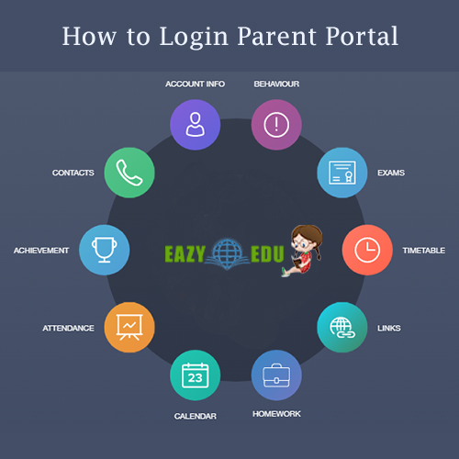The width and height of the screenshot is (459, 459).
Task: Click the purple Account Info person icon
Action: click(x=196, y=125)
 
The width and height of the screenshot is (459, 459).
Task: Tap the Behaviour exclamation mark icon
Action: click(x=276, y=125)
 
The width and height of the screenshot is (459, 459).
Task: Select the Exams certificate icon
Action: click(x=342, y=173)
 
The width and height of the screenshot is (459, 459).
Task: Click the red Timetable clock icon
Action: click(x=367, y=250)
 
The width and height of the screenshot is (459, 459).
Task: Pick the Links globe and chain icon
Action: click(x=342, y=328)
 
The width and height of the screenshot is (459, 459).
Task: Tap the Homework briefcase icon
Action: click(x=276, y=375)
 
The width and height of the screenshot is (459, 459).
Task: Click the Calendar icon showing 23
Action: click(x=196, y=375)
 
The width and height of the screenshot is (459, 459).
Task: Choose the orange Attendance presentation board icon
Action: click(x=129, y=328)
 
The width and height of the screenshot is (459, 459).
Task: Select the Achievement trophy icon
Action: click(x=105, y=250)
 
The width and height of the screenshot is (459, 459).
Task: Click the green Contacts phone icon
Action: click(x=129, y=173)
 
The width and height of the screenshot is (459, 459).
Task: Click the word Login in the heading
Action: click(x=194, y=37)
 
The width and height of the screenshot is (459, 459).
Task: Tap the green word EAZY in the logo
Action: click(x=185, y=254)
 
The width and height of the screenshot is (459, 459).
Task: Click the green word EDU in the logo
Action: click(x=267, y=254)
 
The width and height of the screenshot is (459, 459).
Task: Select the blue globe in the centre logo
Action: click(x=228, y=252)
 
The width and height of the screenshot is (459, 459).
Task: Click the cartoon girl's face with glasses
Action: click(x=303, y=242)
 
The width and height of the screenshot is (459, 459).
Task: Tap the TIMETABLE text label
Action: click(x=424, y=251)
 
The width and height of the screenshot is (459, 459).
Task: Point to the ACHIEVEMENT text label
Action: click(x=41, y=251)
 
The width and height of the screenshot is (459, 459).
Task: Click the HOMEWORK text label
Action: click(x=276, y=414)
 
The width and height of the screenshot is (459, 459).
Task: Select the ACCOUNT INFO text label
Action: click(x=196, y=84)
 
